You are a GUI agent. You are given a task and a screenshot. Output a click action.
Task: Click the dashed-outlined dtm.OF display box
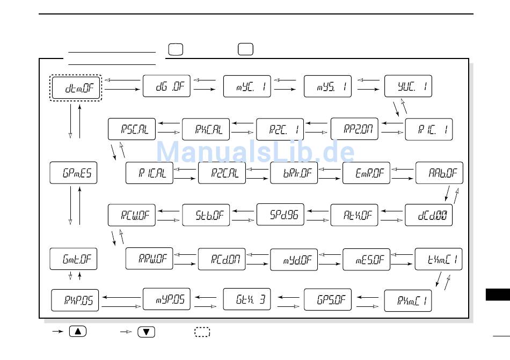76,88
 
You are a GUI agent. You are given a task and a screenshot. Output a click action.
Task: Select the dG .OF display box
166,86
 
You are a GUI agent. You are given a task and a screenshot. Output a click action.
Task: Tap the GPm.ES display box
73,173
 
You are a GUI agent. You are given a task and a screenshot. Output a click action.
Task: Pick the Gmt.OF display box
73,260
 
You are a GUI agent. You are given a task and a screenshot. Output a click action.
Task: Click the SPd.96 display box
280,215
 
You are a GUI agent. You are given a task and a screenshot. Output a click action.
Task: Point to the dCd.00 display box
428,215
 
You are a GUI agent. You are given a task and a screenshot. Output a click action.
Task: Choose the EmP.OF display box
366,173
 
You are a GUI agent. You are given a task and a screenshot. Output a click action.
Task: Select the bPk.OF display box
294,173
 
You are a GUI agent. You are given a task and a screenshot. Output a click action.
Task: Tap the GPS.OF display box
327,299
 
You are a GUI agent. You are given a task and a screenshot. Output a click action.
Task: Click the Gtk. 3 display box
247,299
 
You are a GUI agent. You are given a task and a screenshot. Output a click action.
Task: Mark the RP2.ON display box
354,129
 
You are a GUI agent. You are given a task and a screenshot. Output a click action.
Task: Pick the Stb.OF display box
206,215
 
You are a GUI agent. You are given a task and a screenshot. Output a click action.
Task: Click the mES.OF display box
366,260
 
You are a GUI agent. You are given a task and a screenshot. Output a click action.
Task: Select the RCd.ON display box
222,260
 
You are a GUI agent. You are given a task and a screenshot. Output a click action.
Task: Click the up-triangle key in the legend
78,332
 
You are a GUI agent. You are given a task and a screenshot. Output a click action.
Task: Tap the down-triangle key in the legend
146,332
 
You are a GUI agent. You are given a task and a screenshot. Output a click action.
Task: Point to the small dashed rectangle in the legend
202,332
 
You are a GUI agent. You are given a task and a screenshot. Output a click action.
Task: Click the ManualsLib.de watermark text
255,151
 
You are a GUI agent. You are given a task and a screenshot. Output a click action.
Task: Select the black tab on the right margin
498,295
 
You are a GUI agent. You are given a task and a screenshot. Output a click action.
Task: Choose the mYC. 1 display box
247,86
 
